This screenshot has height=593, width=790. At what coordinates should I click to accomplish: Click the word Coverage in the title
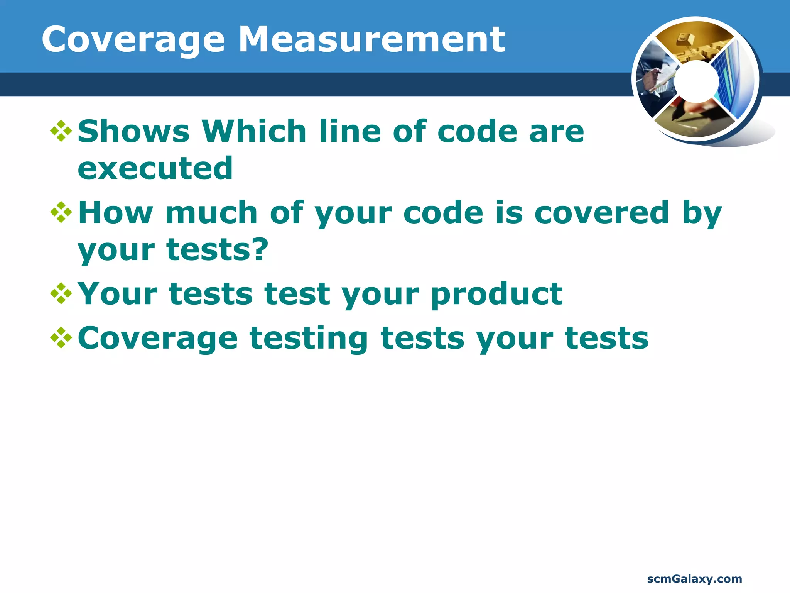point(133,40)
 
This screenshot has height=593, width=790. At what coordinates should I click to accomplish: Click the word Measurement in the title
point(371,40)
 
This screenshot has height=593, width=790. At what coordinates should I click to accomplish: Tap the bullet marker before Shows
point(61,131)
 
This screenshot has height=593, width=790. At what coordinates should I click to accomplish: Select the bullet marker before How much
point(61,212)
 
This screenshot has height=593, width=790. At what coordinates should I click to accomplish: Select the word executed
point(155,169)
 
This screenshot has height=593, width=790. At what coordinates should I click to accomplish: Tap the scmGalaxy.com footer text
point(694,579)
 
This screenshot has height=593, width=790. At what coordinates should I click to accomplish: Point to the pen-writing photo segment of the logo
point(692,118)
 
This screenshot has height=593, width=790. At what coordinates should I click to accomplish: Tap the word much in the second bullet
point(211,212)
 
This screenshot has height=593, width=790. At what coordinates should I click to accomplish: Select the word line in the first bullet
point(349,131)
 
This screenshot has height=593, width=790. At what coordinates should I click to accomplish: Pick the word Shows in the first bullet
point(133,131)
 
